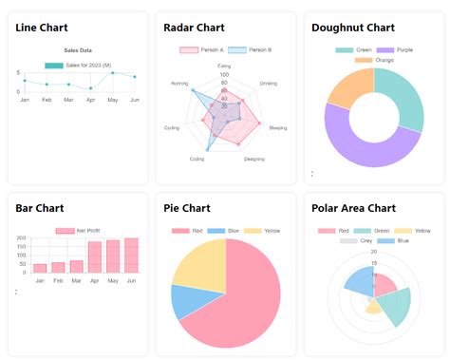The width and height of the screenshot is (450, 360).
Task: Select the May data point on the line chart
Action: pos(113,72)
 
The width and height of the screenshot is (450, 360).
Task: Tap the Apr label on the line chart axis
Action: pos(91,100)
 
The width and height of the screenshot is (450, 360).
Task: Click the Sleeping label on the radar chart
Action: pos(277,127)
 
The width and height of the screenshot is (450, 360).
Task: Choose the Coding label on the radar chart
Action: pos(197,159)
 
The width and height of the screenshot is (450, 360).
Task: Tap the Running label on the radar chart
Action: pos(179,84)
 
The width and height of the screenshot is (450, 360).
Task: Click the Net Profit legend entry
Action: pos(86,231)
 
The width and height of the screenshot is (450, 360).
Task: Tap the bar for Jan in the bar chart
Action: pos(40,268)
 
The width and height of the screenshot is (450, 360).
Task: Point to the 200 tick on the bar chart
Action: pos(22,240)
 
